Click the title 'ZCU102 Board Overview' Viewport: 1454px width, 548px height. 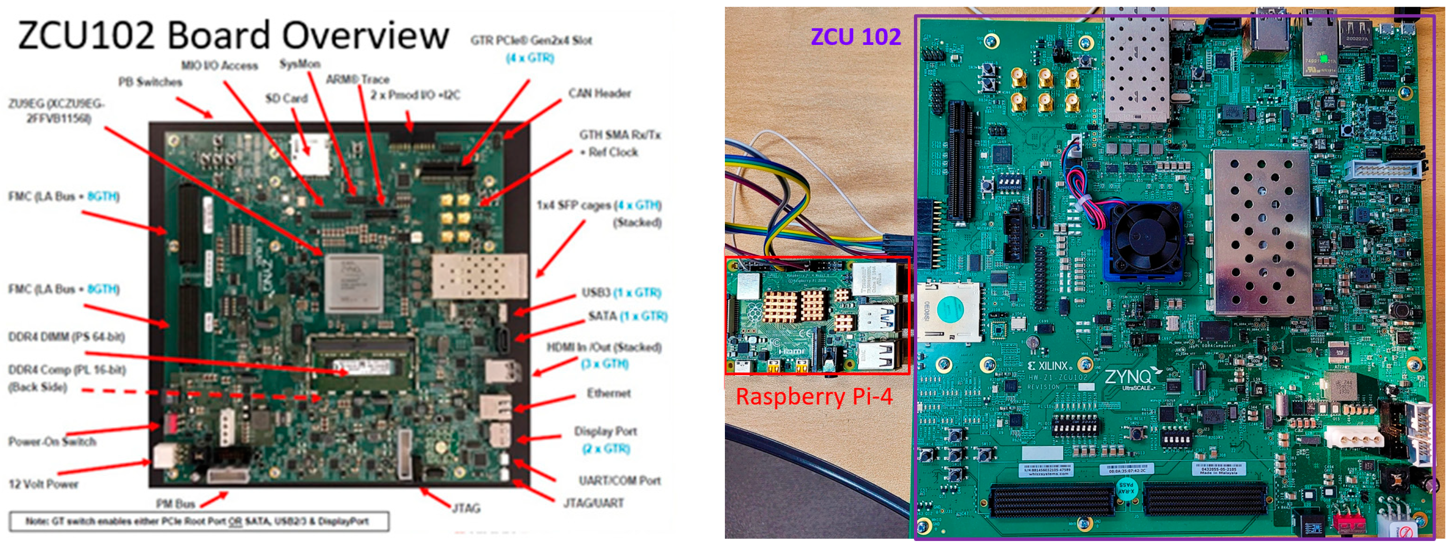pyautogui.click(x=233, y=35)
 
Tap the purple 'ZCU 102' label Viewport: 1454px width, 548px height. pyautogui.click(x=855, y=37)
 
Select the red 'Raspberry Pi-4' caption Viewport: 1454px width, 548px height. pyautogui.click(x=814, y=396)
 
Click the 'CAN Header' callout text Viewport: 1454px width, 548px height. pyautogui.click(x=599, y=93)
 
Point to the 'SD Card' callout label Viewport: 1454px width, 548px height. pyautogui.click(x=286, y=98)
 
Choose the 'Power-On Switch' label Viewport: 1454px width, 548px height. pyautogui.click(x=52, y=441)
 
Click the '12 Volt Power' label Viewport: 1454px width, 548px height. pyautogui.click(x=44, y=484)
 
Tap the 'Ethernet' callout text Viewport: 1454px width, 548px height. pyautogui.click(x=608, y=393)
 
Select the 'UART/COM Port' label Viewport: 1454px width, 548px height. pyautogui.click(x=619, y=480)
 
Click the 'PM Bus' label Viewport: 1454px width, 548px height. pyautogui.click(x=175, y=504)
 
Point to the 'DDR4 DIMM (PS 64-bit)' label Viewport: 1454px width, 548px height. pyautogui.click(x=66, y=337)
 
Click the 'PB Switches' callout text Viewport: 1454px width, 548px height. pyautogui.click(x=150, y=82)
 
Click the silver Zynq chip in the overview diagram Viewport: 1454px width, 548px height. pyautogui.click(x=353, y=282)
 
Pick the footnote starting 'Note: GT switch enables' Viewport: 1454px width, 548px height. pyautogui.click(x=197, y=521)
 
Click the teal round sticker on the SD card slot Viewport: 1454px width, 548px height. pyautogui.click(x=952, y=311)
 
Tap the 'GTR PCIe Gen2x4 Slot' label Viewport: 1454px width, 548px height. pyautogui.click(x=531, y=40)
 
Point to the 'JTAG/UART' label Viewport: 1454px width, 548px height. pyautogui.click(x=593, y=503)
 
